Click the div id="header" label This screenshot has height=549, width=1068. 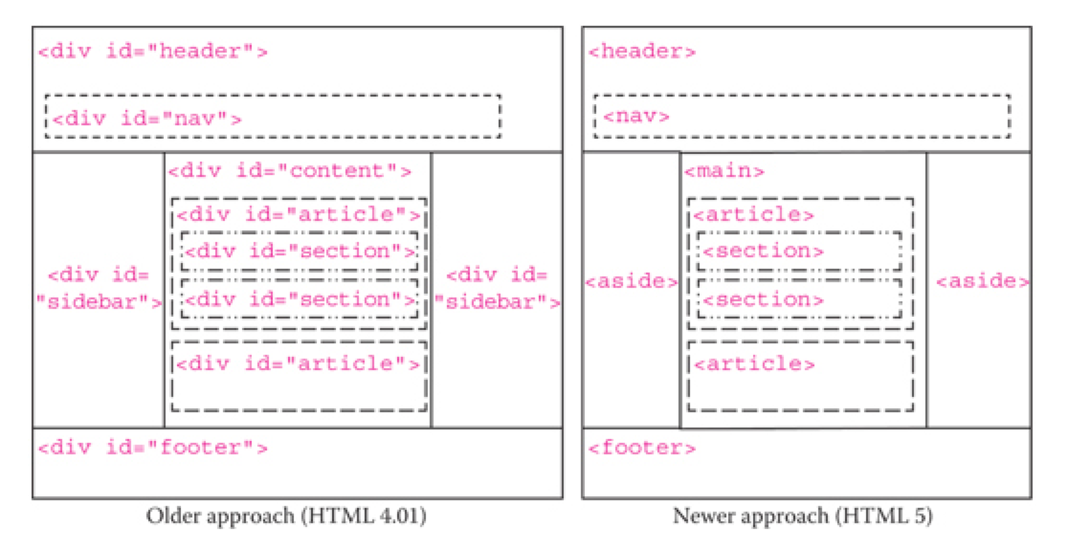[152, 51]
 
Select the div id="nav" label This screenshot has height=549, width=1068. [145, 120]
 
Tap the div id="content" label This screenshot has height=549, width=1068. [290, 172]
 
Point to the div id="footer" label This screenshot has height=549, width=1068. [152, 447]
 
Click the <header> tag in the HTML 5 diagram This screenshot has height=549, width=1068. [641, 51]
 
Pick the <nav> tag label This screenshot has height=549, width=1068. [635, 117]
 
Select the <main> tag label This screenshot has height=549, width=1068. [723, 172]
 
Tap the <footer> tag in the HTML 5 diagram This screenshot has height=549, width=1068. [641, 447]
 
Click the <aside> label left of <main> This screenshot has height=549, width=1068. [632, 282]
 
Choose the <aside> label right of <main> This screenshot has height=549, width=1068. [982, 282]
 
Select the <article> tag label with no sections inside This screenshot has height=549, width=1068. [754, 363]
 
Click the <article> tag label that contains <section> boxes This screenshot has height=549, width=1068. [754, 215]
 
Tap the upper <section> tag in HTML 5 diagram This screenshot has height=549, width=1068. [763, 252]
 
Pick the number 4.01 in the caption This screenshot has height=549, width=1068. [402, 517]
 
